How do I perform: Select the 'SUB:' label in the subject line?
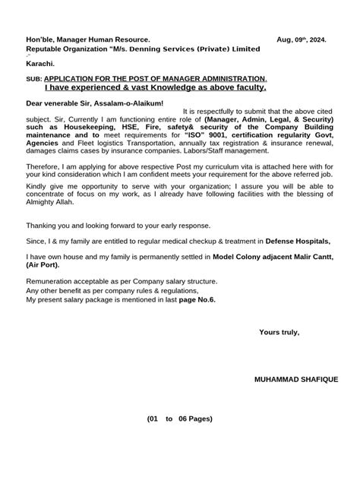point(34,79)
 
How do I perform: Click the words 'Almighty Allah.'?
point(55,213)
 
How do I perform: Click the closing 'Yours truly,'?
point(279,332)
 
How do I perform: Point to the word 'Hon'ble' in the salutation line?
point(42,39)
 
